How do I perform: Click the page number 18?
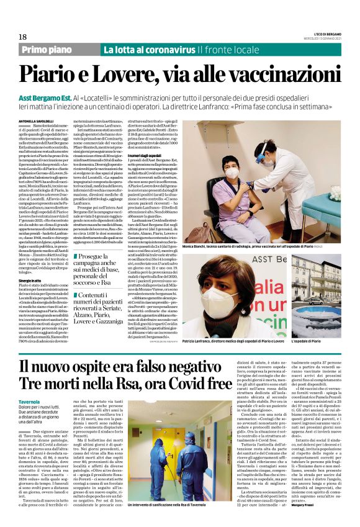click(23, 37)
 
